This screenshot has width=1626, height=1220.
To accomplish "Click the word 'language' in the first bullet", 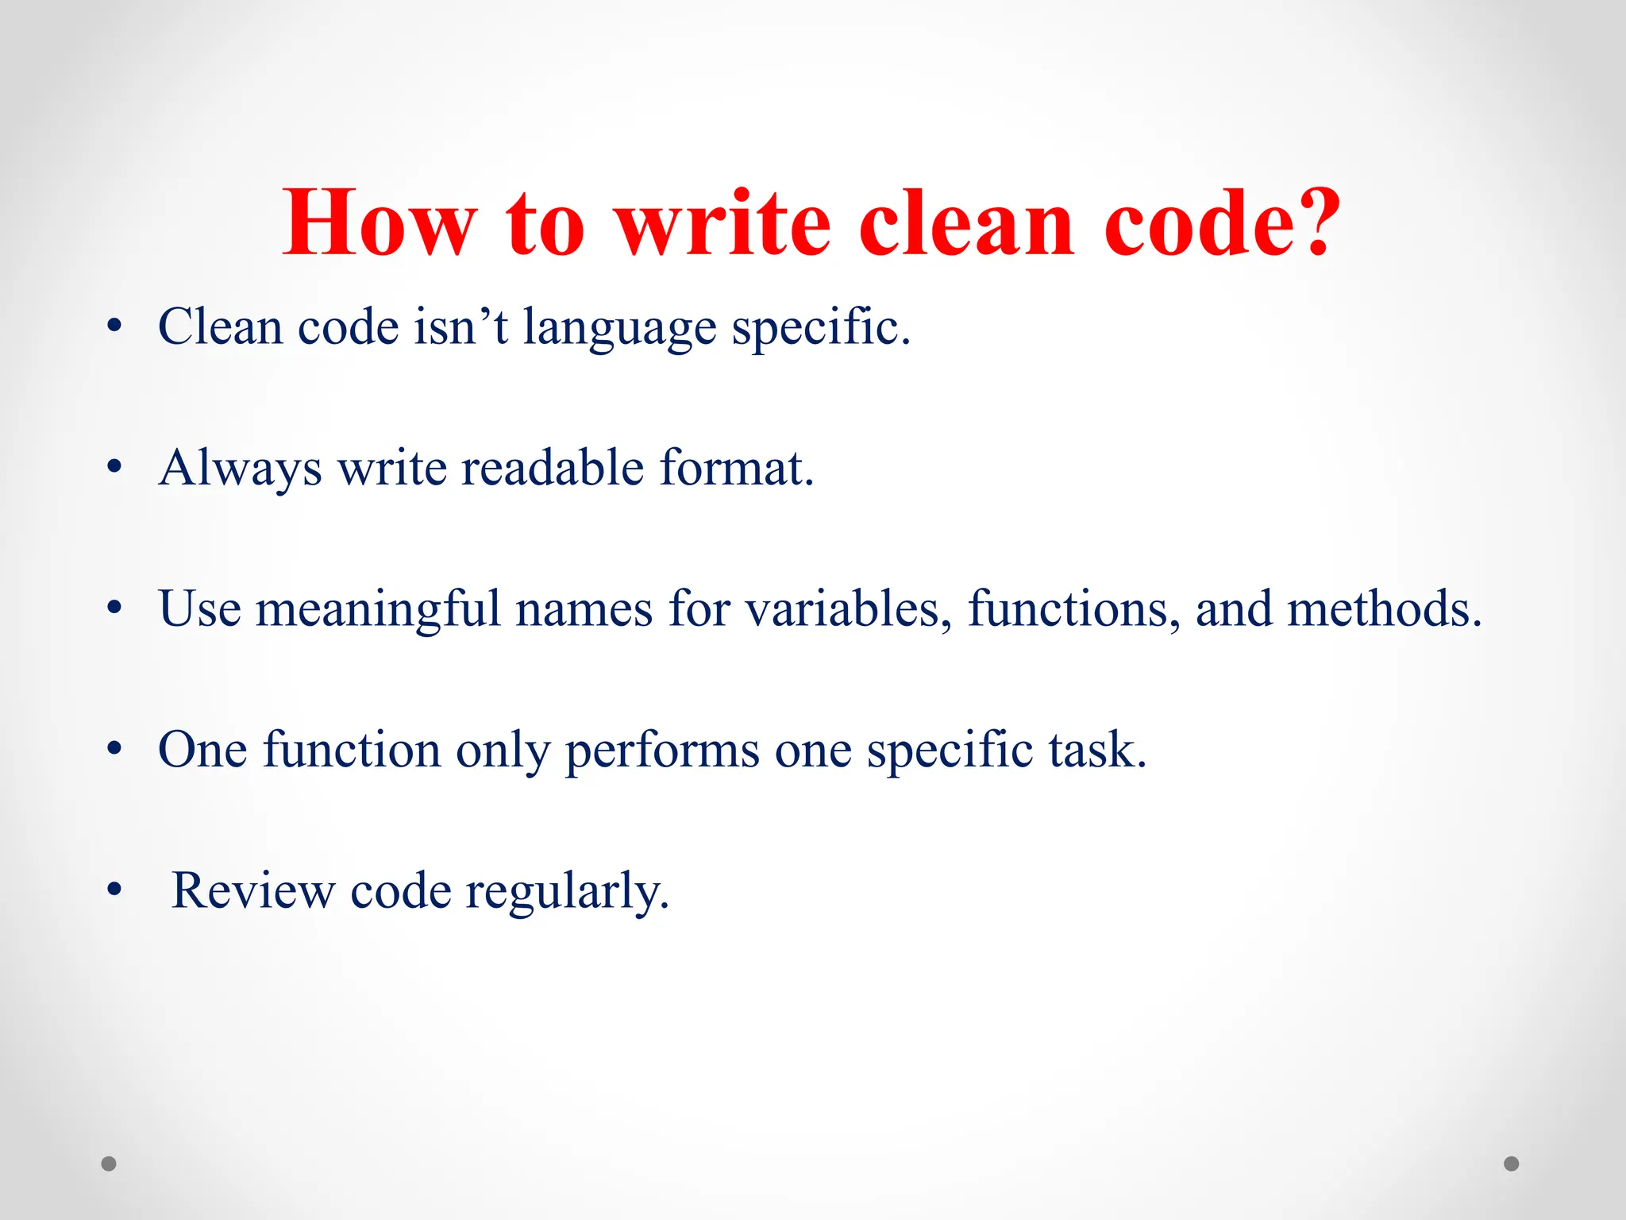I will coord(619,327).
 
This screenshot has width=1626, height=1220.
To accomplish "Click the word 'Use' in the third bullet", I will coord(199,608).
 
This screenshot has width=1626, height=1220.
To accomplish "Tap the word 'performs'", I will coord(662,750).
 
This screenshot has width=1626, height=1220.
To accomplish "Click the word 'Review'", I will coord(253,890).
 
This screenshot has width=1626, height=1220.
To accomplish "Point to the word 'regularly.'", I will coord(568,892).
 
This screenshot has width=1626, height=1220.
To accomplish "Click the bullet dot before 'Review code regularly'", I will coord(114,890).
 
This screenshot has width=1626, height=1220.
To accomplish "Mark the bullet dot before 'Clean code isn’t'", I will coord(114,326).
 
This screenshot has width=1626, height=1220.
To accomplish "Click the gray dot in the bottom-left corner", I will coord(109,1164).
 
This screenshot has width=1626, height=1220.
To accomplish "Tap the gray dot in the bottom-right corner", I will coord(1512,1164).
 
